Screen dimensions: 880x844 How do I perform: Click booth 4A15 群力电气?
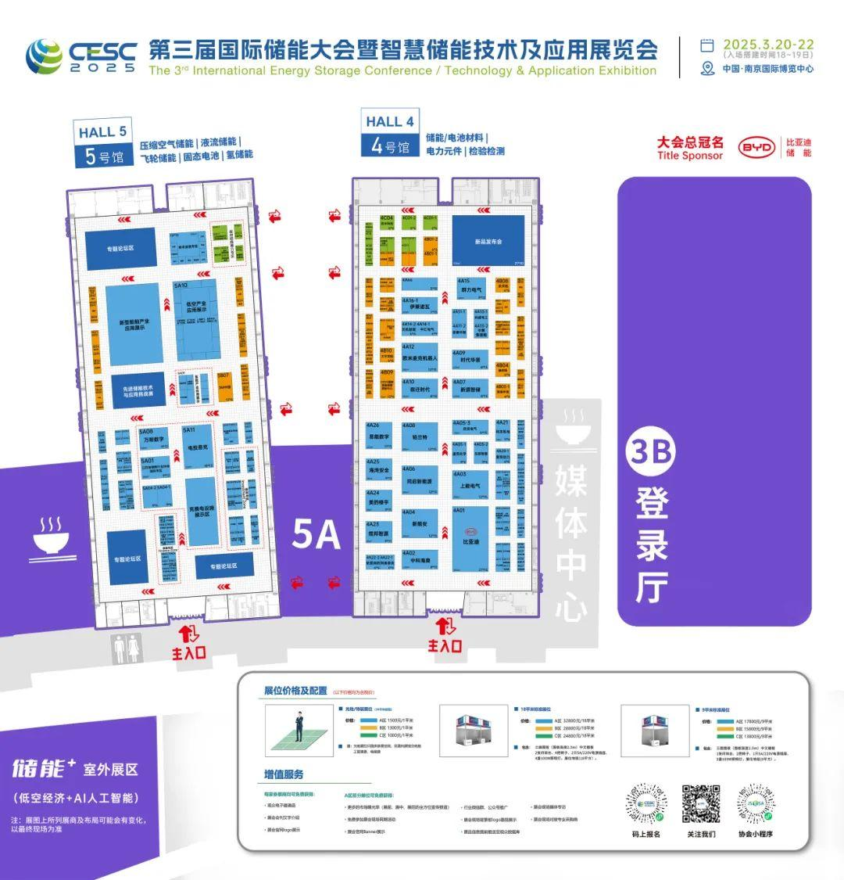[x=471, y=288]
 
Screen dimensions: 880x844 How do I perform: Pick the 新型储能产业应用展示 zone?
[x=134, y=325]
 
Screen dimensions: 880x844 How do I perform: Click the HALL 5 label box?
[x=102, y=143]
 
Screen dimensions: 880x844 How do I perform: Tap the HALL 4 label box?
[x=390, y=132]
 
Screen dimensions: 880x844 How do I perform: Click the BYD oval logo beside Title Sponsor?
[x=757, y=147]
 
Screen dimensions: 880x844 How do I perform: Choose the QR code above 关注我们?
[x=701, y=803]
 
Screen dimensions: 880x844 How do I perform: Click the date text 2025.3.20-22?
[x=768, y=45]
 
